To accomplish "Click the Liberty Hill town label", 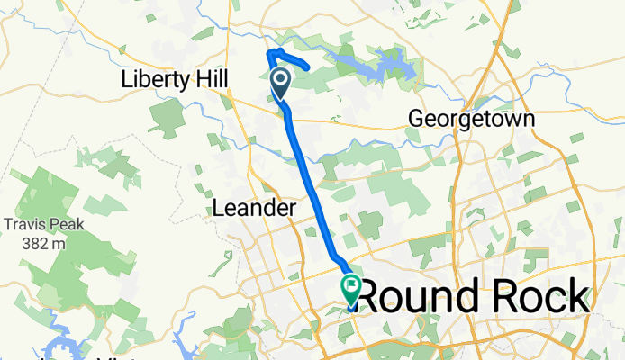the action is pos(173,79).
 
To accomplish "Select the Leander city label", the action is pos(254,209).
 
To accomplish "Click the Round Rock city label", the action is pos(475,295).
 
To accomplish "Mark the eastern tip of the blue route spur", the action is pos(309,67).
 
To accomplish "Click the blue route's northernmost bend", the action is pos(270,51).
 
